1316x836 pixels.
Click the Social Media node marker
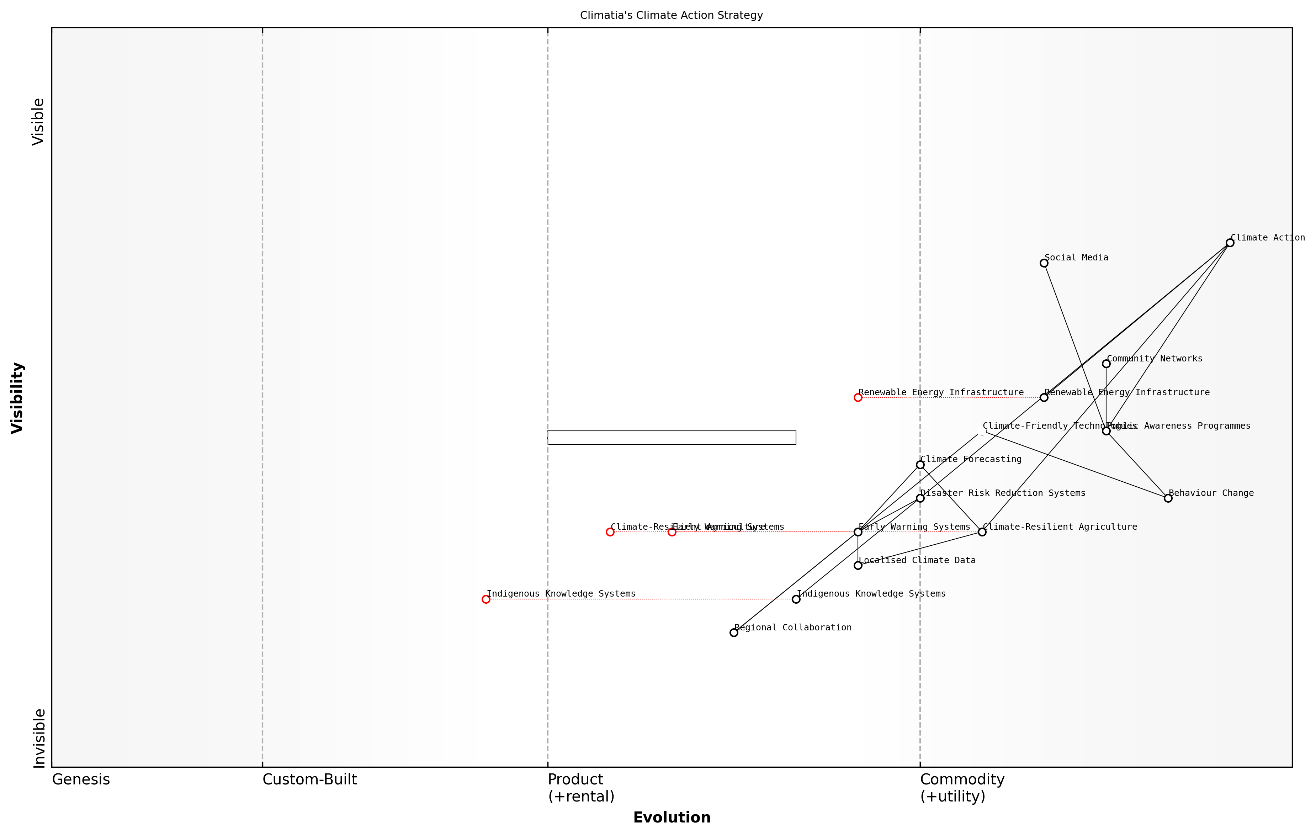coord(1044,263)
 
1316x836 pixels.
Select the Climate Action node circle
coord(1230,243)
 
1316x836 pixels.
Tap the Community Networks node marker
coord(1106,364)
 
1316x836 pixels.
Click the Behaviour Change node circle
coord(1168,498)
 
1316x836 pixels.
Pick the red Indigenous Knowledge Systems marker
coord(486,599)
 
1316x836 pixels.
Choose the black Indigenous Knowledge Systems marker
coord(796,599)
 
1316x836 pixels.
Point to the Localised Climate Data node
coord(858,565)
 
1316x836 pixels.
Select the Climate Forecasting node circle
coord(920,465)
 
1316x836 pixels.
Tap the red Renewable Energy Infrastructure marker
coord(858,397)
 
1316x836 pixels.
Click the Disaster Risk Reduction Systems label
coord(1003,493)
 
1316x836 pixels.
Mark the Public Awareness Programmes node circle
coord(1106,431)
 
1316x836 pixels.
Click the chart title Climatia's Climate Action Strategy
coord(671,15)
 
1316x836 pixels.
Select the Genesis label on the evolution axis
coord(81,780)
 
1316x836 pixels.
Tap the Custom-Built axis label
coord(309,780)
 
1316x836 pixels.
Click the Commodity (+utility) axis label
coord(962,788)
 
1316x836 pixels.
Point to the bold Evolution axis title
coord(672,818)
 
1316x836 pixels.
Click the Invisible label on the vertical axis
coord(39,738)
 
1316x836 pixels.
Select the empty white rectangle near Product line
coord(672,438)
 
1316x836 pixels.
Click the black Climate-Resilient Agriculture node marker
coord(982,532)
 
